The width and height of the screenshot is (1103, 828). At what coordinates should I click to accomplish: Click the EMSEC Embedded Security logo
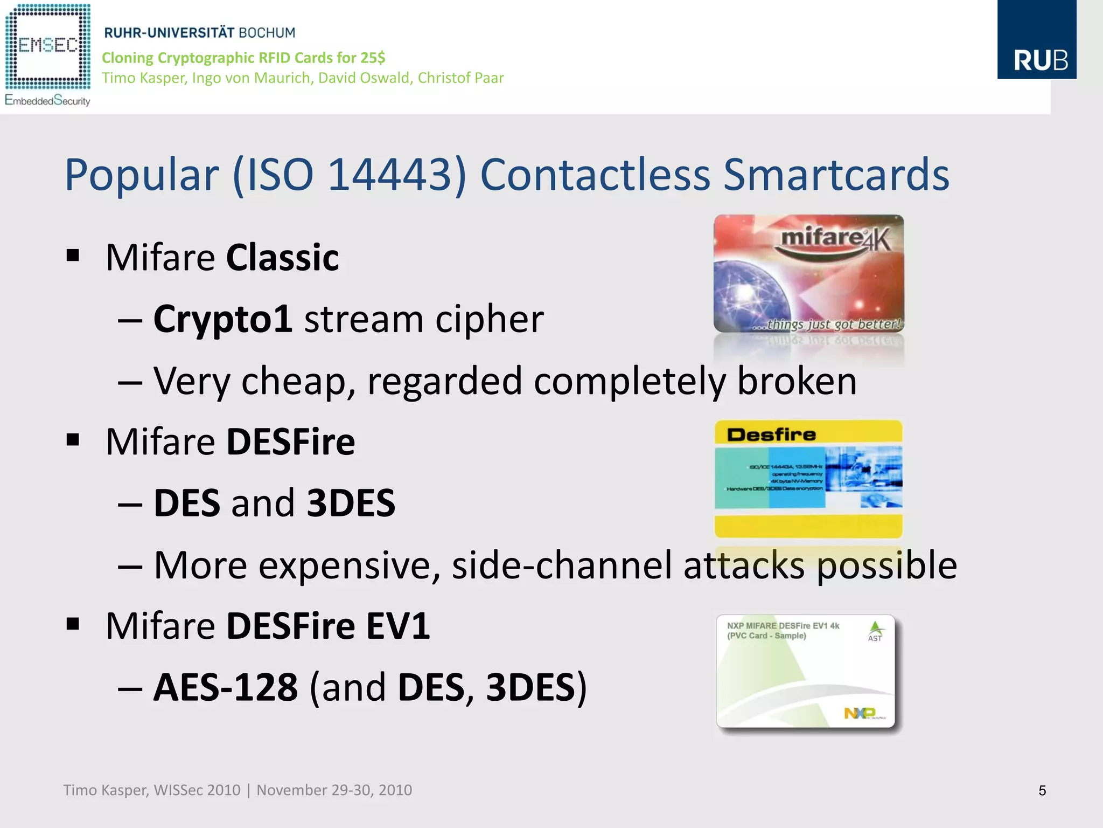(47, 54)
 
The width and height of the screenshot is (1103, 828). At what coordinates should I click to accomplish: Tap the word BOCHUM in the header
(267, 33)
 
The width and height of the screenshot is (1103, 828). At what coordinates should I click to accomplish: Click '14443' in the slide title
(390, 175)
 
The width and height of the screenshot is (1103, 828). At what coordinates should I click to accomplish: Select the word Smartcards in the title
(836, 175)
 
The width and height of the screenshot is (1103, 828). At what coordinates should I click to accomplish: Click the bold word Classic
(282, 258)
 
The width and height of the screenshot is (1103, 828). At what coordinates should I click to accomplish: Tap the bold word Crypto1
(222, 319)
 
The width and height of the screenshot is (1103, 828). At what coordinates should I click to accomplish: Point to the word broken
(797, 381)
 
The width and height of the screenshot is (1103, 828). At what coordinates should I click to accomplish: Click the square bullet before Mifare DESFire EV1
(73, 624)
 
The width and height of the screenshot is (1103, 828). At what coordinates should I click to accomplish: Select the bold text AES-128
(225, 687)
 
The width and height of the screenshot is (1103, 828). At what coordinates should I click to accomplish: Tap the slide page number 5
(1042, 791)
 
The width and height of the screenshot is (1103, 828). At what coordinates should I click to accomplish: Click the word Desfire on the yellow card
(771, 434)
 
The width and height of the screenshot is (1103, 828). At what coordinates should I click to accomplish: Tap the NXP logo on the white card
(860, 713)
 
